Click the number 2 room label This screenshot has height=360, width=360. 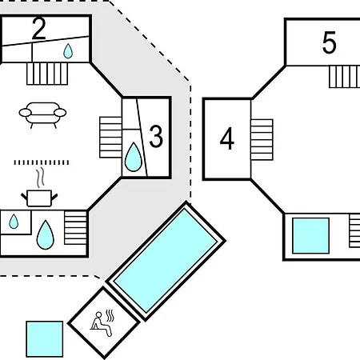pyautogui.click(x=38, y=29)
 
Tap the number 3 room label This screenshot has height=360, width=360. pyautogui.click(x=156, y=136)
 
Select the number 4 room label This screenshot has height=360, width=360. pyautogui.click(x=227, y=138)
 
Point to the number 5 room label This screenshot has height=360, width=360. pyautogui.click(x=329, y=42)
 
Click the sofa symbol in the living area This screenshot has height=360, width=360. pyautogui.click(x=42, y=115)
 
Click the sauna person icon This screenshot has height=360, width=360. pyautogui.click(x=102, y=324)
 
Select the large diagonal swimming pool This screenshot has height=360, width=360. pyautogui.click(x=166, y=261)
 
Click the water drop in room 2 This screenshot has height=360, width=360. pyautogui.click(x=68, y=51)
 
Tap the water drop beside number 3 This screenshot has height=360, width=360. pyautogui.click(x=134, y=158)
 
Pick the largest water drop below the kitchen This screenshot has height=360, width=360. pyautogui.click(x=45, y=235)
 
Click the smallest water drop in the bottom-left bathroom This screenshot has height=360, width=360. pyautogui.click(x=14, y=222)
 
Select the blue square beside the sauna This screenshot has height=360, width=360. pyautogui.click(x=45, y=339)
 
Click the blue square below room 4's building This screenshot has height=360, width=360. pyautogui.click(x=310, y=236)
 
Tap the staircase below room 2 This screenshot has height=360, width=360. pyautogui.click(x=47, y=74)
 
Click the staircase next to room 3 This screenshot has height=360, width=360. pyautogui.click(x=110, y=137)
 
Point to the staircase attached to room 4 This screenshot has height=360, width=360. pyautogui.click(x=262, y=140)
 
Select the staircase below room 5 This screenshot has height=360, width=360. pyautogui.click(x=345, y=77)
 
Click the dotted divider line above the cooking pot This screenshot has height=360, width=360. pyautogui.click(x=42, y=162)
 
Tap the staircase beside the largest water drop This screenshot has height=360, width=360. pyautogui.click(x=76, y=228)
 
